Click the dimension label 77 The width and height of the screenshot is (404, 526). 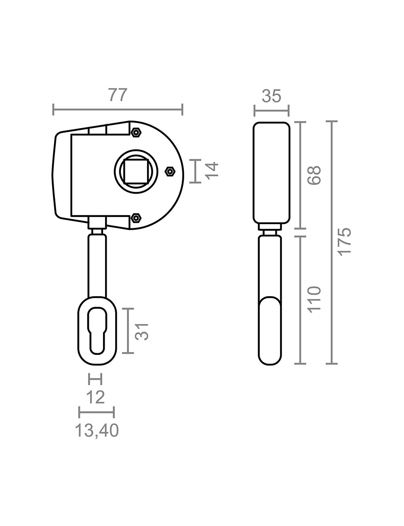118,95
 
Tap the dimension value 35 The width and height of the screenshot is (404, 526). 271,96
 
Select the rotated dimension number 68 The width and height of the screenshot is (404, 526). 314,176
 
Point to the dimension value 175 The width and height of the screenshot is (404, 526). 344,241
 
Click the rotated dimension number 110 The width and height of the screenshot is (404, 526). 314,299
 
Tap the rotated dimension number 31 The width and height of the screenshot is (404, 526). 141,332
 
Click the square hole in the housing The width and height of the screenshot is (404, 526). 136,171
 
